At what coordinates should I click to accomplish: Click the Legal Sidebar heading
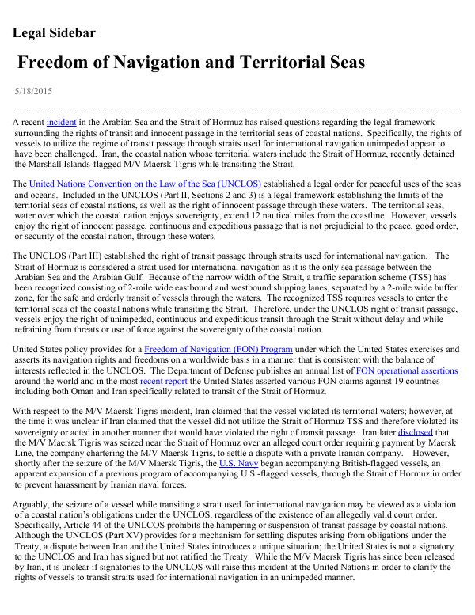pos(55,33)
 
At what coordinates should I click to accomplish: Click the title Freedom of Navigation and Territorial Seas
pos(191,63)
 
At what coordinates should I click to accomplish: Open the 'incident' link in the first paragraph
pos(61,123)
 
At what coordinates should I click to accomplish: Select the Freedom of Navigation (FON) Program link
pos(218,349)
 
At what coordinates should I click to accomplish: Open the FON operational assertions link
pos(407,370)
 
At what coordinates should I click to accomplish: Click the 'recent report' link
pos(163,380)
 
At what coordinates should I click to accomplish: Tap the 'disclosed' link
pos(415,432)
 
